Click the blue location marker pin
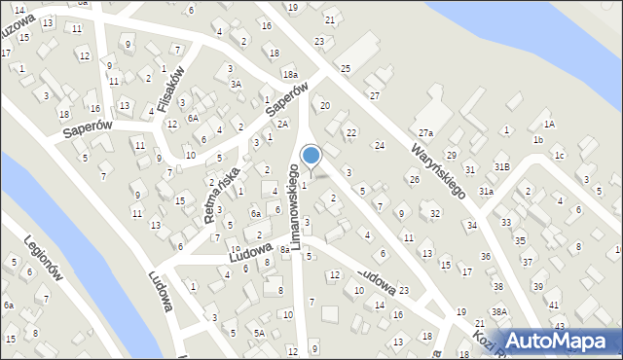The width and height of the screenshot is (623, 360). tap(311, 156)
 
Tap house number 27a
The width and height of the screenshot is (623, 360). tap(425, 132)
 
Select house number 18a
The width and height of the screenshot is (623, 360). tap(290, 74)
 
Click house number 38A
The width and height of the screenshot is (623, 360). tap(499, 311)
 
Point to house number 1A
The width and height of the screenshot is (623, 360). tap(549, 124)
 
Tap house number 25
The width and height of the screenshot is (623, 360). tap(346, 68)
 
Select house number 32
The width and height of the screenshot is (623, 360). tap(434, 213)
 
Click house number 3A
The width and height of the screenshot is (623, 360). tap(236, 85)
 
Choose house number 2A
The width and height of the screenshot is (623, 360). tap(281, 125)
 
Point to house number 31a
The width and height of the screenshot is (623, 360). tap(486, 192)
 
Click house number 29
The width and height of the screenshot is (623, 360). tap(451, 156)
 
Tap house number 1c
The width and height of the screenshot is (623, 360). tap(559, 156)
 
